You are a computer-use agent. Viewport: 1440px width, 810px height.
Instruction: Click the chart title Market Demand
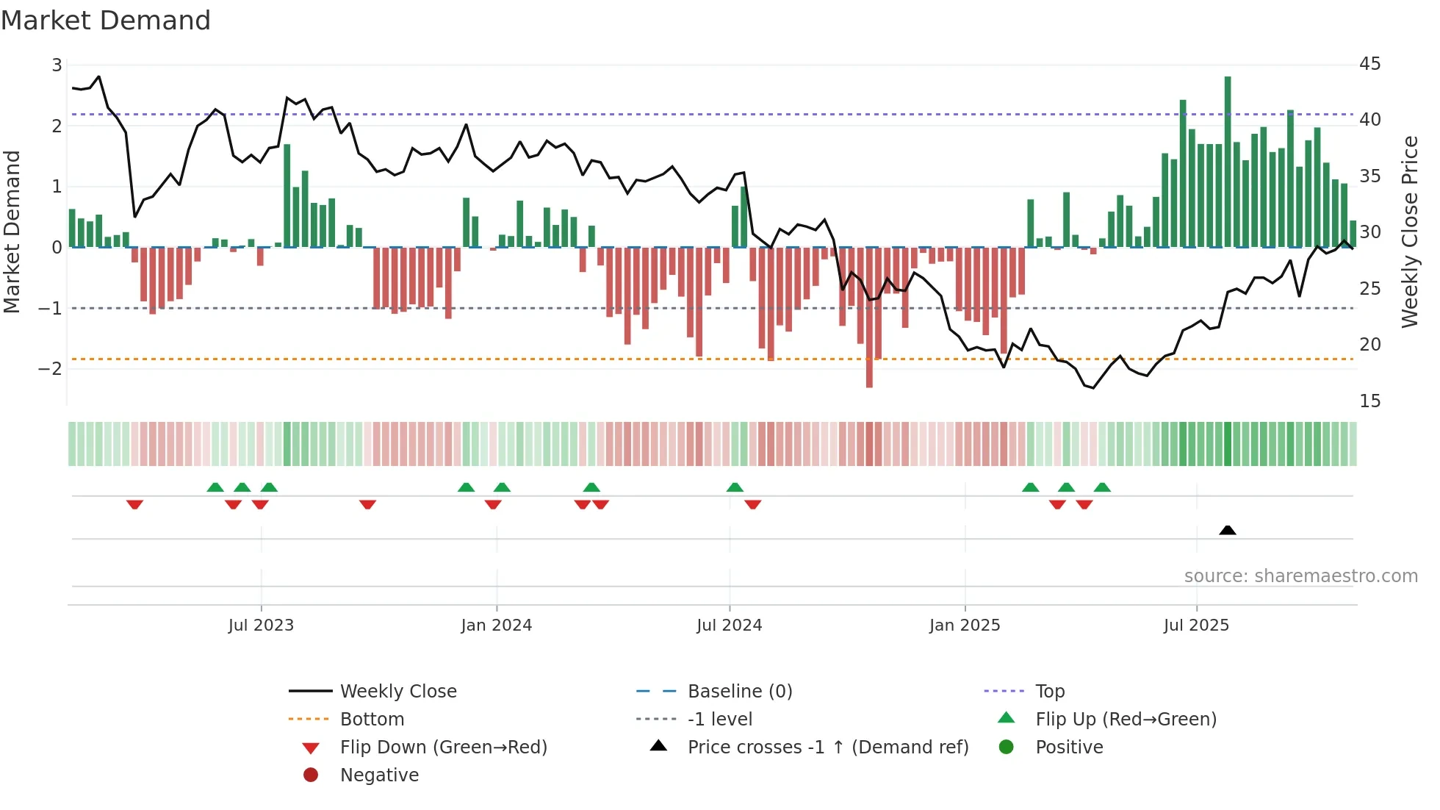click(x=106, y=21)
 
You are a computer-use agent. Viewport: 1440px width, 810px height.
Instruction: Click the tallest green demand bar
click(x=1228, y=162)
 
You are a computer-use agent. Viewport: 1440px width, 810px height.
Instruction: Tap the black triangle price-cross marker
click(x=1228, y=530)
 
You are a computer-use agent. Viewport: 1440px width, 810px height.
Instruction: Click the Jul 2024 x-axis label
click(x=729, y=626)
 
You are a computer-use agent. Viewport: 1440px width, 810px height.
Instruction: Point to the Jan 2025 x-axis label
click(x=964, y=626)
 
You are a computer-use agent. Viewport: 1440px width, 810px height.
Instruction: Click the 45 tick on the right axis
click(x=1369, y=64)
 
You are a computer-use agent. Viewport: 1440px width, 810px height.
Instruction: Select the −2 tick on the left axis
click(x=51, y=368)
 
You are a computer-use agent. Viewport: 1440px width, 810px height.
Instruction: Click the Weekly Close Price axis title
click(x=1409, y=232)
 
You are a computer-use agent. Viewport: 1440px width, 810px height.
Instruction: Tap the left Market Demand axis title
click(x=12, y=232)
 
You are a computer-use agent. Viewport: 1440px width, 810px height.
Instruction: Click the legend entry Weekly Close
click(x=398, y=692)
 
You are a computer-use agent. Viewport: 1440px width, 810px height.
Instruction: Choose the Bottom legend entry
click(x=372, y=720)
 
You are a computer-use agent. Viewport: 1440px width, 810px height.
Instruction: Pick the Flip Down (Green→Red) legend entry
click(x=443, y=748)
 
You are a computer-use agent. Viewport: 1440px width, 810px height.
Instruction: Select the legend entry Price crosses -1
click(x=827, y=748)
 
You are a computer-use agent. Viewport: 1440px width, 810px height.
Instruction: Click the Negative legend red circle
click(x=311, y=775)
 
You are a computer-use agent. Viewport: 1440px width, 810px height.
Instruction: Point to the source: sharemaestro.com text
click(x=1300, y=576)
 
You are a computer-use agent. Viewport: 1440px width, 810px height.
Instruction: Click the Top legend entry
click(x=1050, y=692)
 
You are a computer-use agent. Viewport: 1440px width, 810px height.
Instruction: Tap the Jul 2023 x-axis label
click(x=261, y=626)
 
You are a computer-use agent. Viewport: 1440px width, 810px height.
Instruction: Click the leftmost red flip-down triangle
click(x=134, y=504)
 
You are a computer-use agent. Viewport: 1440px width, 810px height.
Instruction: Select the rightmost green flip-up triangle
click(x=1102, y=487)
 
